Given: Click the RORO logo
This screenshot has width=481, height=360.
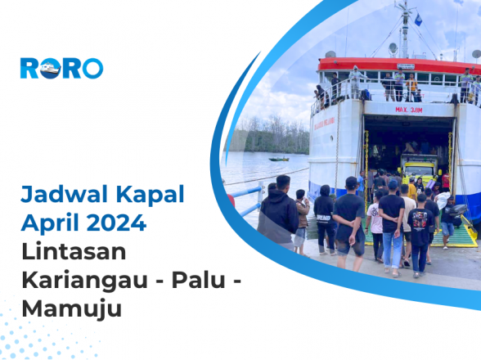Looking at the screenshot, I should click(x=61, y=68).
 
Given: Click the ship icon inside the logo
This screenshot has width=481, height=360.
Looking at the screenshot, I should click(x=52, y=68).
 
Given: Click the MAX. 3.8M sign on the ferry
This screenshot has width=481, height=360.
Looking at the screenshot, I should click(x=409, y=109).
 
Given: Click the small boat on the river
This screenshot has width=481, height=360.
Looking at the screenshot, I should click(x=279, y=159).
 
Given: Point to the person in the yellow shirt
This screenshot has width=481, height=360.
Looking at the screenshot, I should click(x=411, y=191).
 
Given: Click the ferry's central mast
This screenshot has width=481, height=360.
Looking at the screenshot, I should click(x=404, y=33).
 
